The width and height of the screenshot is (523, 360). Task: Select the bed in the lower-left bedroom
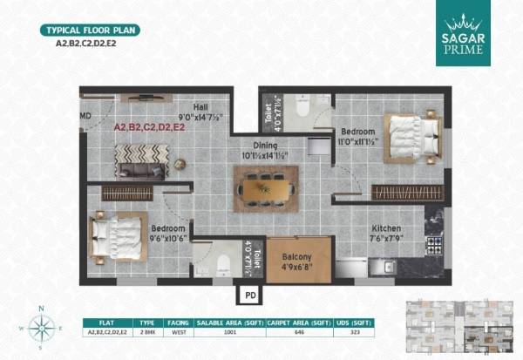point(117,234)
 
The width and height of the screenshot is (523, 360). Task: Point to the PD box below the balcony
point(250,294)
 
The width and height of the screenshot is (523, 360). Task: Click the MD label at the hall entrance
point(85,115)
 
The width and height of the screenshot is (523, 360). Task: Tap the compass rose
point(40,328)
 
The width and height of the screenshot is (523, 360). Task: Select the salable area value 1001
point(230,333)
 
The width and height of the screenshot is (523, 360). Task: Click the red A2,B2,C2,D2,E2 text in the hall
point(150,127)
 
